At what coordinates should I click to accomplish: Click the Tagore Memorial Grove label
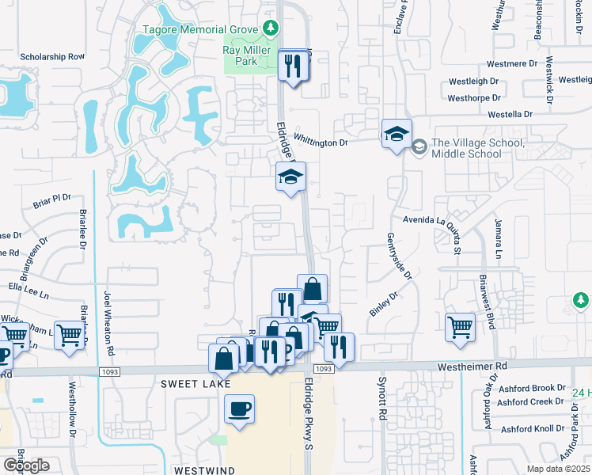(200, 30)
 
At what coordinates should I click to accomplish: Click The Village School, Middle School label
(477, 148)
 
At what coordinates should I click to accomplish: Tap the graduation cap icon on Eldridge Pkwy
(290, 177)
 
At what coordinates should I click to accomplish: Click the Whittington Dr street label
(321, 142)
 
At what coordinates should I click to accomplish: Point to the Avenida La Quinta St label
(431, 219)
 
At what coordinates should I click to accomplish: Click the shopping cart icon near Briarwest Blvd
(460, 327)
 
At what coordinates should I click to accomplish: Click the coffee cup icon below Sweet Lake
(239, 409)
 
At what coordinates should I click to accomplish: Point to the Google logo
(25, 465)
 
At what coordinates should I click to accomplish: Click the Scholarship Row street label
(52, 57)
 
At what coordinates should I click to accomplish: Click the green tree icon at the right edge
(580, 301)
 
